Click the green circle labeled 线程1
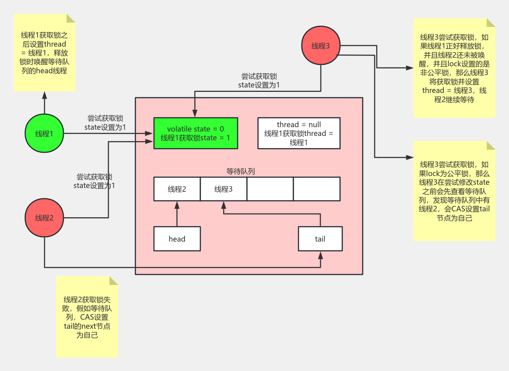tap(44, 133)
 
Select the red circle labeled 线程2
tap(44, 218)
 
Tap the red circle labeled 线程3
tap(321, 46)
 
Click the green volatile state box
tap(196, 133)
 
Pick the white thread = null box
tap(299, 133)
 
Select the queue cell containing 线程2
tap(177, 189)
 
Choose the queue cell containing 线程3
tap(223, 189)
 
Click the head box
tap(177, 239)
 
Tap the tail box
tap(320, 239)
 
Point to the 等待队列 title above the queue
tap(240, 171)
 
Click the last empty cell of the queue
tap(317, 189)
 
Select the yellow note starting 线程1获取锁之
tap(45, 53)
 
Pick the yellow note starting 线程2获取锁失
tap(87, 317)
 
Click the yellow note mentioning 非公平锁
tap(454, 68)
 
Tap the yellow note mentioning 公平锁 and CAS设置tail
tap(454, 191)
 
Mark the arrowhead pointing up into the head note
tap(45, 95)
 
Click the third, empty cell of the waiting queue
tap(270, 189)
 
